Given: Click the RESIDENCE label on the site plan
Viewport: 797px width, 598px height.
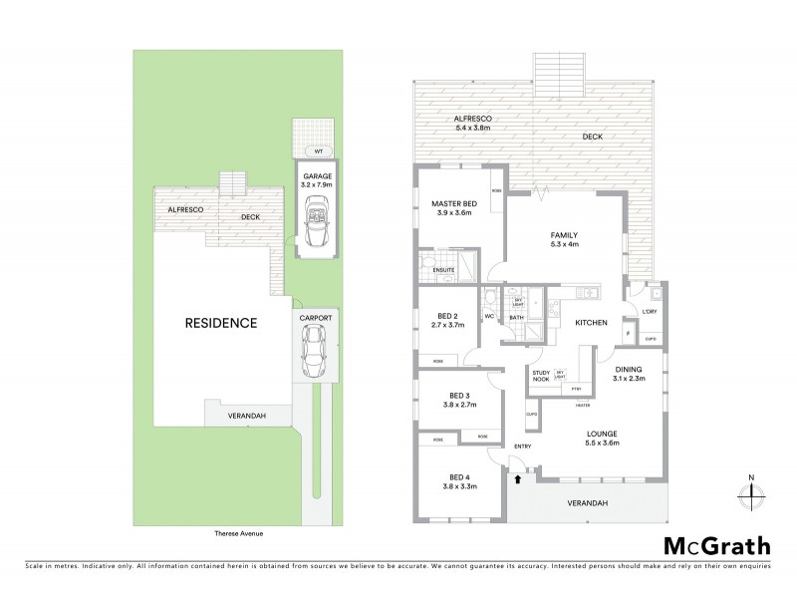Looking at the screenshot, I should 220,323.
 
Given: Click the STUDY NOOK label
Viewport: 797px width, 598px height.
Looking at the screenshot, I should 541,376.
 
